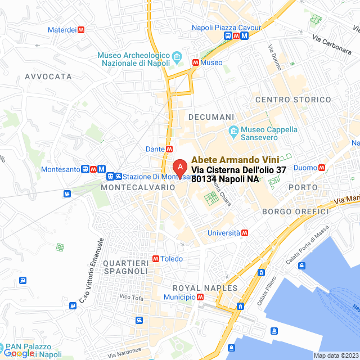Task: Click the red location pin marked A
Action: coord(179,168)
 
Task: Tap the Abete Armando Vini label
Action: coord(235,160)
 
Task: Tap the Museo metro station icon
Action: coord(195,63)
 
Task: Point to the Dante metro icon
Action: coord(169,149)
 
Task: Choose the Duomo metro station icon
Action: coord(322,168)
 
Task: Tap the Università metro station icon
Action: coord(245,232)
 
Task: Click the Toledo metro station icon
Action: coord(155,259)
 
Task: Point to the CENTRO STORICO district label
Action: coord(293,100)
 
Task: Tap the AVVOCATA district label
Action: coord(48,76)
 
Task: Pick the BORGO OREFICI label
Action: coord(295,211)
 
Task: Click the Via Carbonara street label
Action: coord(332,43)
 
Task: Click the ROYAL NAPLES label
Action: coord(209,288)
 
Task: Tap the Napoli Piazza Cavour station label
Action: coord(226,27)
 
